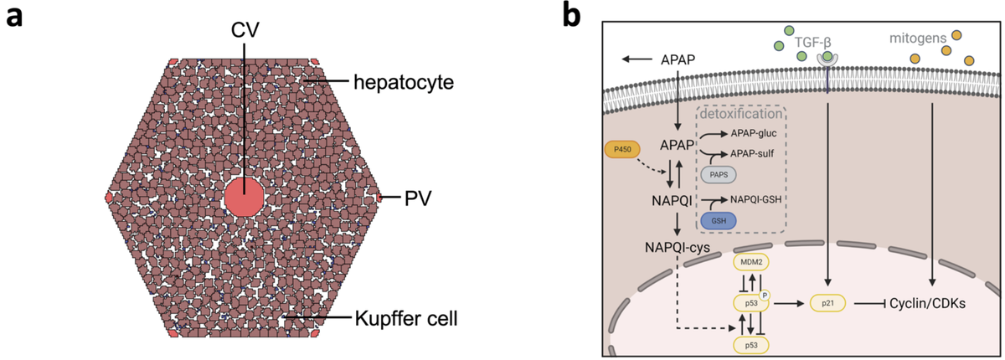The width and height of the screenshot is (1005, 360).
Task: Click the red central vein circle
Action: click(245, 198)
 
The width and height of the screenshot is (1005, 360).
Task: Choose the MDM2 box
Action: click(750, 262)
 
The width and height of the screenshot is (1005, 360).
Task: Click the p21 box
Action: click(827, 304)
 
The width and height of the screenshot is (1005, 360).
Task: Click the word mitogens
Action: click(919, 39)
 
